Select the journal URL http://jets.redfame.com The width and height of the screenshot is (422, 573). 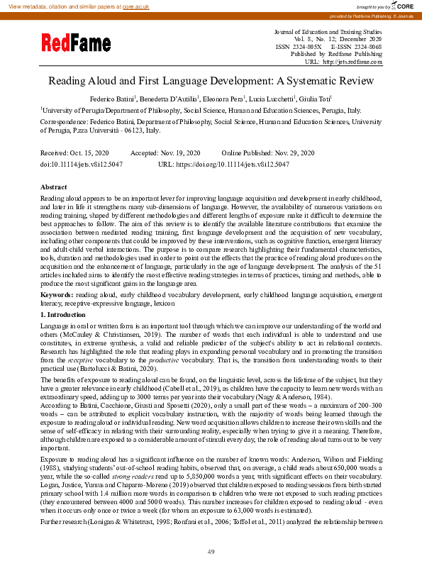pyautogui.click(x=352, y=62)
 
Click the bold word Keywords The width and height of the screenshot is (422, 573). pyautogui.click(x=57, y=293)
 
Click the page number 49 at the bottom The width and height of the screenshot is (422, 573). pyautogui.click(x=211, y=552)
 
